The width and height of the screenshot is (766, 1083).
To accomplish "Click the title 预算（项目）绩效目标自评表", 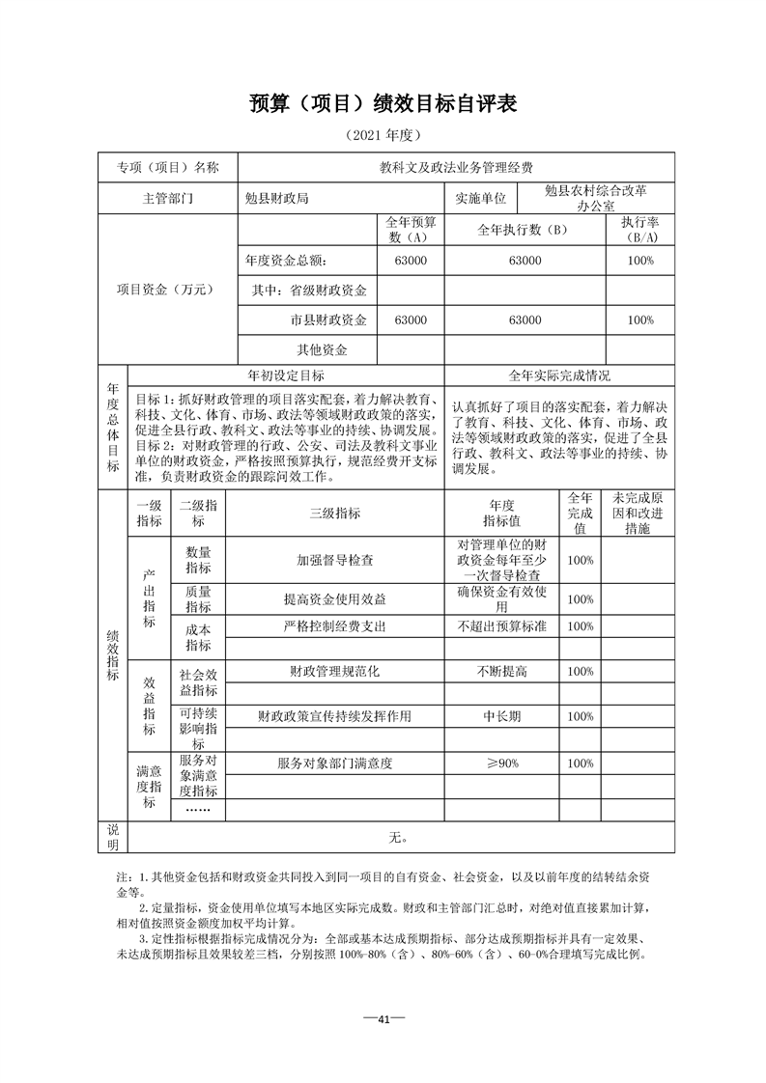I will (x=383, y=104).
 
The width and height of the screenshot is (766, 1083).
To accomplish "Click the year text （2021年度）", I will (x=383, y=136).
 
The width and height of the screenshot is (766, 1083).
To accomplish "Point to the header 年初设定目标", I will (x=286, y=375).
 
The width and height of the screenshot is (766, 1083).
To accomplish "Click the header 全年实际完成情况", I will (x=559, y=375).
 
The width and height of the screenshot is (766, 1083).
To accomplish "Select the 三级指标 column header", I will (x=334, y=514).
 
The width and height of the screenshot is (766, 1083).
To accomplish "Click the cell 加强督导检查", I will (x=334, y=560).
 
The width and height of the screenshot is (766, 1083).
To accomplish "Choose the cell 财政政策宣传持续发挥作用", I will (x=334, y=716).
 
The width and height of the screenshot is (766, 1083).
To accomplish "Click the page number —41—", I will (x=383, y=1019).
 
